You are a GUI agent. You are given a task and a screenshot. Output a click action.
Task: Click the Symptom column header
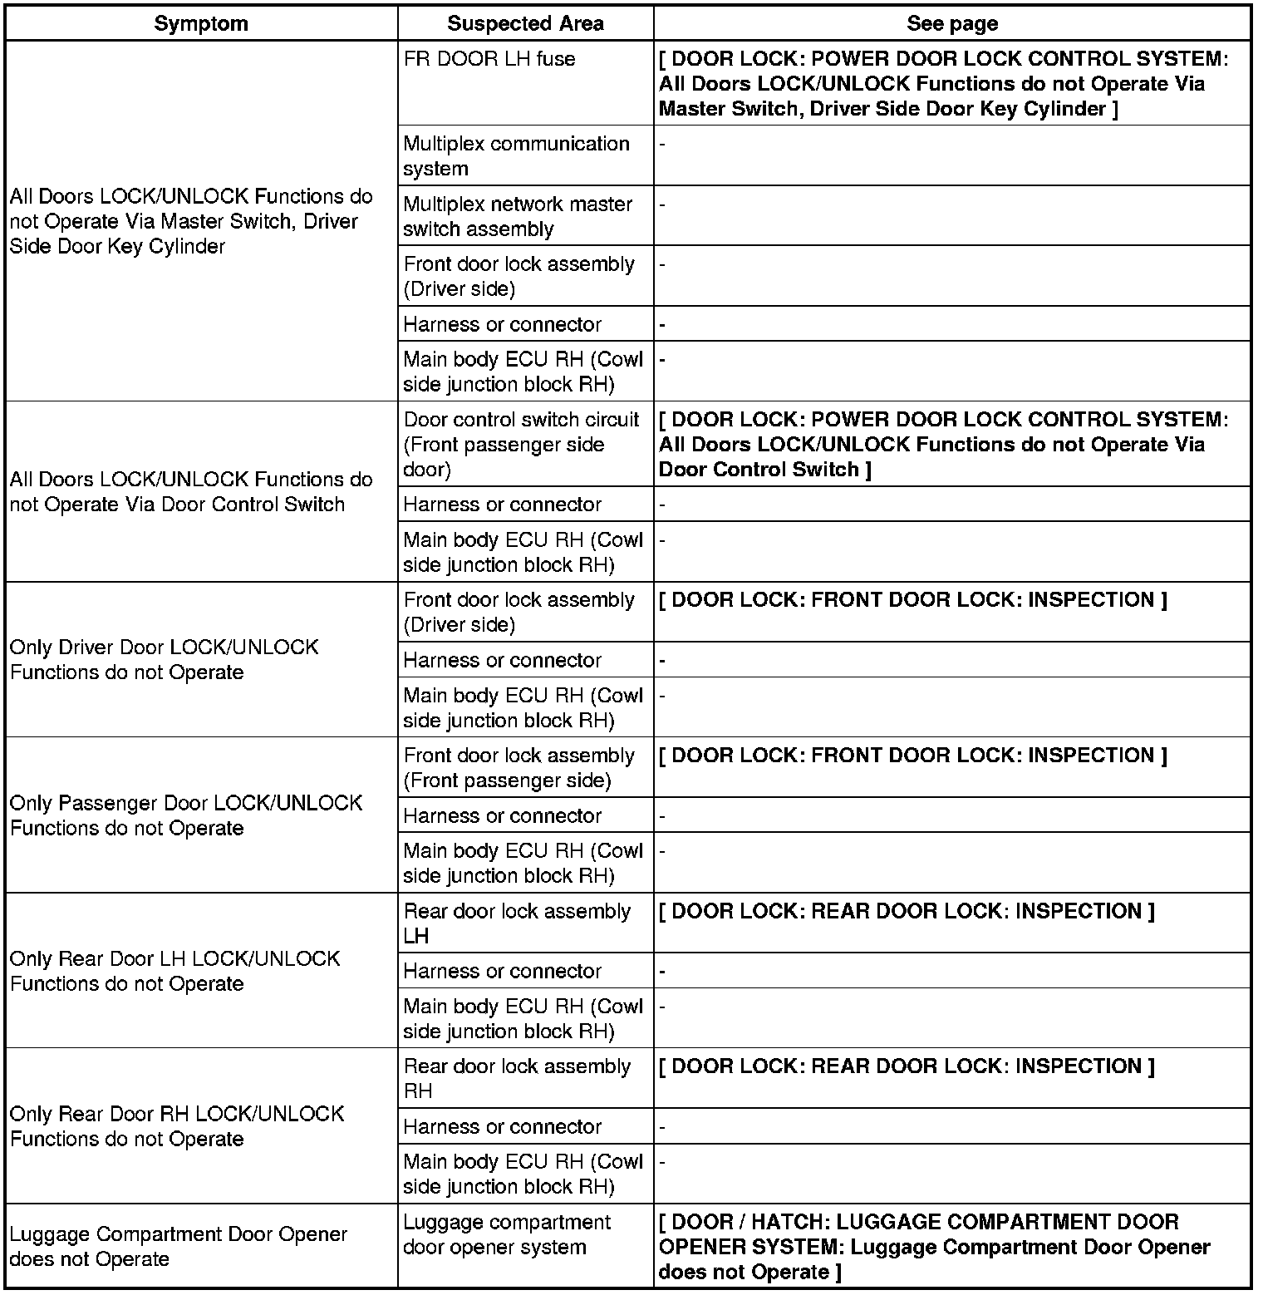201,23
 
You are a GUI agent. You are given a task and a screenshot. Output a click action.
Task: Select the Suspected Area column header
525,23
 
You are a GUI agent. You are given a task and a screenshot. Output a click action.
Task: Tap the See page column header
952,23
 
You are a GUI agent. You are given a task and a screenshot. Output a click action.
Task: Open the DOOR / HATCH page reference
934,1246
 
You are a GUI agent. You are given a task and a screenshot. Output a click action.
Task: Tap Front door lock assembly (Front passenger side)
518,767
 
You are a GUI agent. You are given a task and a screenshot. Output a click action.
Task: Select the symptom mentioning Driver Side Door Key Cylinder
191,221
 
